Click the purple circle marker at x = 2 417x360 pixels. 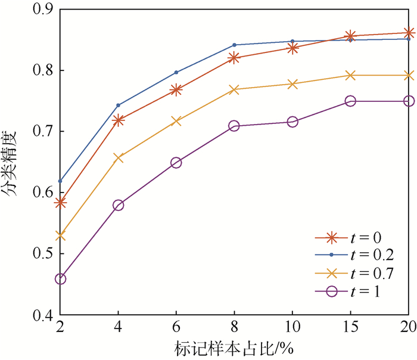(60, 279)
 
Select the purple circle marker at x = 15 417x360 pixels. (350, 101)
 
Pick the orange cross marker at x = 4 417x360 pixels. (118, 158)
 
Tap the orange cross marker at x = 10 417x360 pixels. (292, 84)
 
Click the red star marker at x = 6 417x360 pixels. (176, 90)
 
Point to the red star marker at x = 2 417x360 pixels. (60, 203)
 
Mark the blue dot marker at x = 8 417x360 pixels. (234, 45)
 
